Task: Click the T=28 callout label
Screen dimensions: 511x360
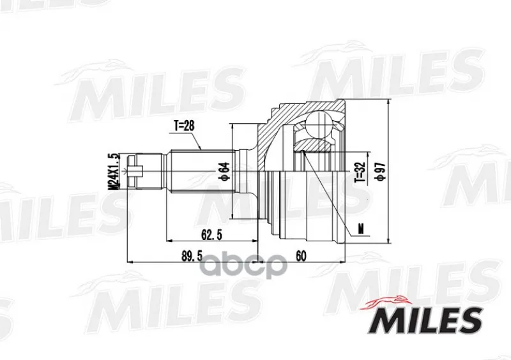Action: click(x=184, y=126)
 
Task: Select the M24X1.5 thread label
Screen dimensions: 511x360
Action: click(x=114, y=171)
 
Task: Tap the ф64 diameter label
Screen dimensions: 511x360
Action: click(x=225, y=171)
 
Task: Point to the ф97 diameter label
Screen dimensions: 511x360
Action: click(x=381, y=170)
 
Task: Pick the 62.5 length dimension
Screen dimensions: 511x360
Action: click(x=211, y=234)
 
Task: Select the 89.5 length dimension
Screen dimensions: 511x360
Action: click(x=192, y=256)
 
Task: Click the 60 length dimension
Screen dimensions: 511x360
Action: click(x=301, y=256)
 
